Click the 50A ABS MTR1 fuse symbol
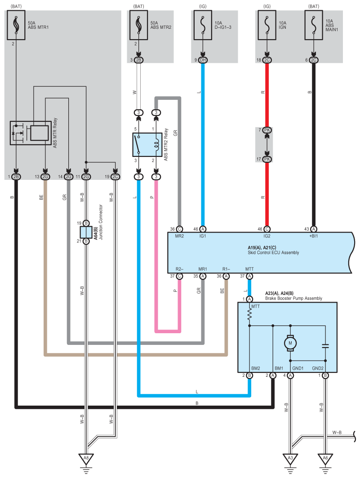16,25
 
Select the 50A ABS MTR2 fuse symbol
138,25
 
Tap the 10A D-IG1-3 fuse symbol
203,25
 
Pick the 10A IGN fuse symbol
267,25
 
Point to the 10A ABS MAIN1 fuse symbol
314,25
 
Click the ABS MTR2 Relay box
147,144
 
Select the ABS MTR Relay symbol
31,133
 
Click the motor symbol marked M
290,343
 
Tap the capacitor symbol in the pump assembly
325,346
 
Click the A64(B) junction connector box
86,232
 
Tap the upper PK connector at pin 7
267,130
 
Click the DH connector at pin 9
203,60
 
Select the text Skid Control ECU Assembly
273,252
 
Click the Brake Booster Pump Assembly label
293,298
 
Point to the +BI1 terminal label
313,236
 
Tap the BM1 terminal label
279,368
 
